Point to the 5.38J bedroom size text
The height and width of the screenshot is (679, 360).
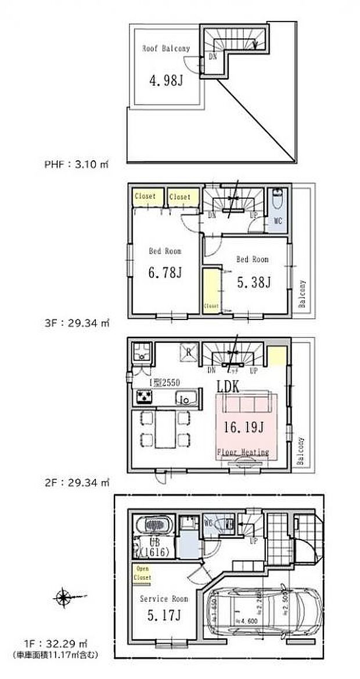pyautogui.click(x=253, y=282)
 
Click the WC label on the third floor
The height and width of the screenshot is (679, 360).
pyautogui.click(x=278, y=221)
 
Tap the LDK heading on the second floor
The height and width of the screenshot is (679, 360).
pyautogui.click(x=229, y=386)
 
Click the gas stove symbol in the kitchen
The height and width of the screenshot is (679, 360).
pyautogui.click(x=143, y=397)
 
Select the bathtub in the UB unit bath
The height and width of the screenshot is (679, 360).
pyautogui.click(x=153, y=526)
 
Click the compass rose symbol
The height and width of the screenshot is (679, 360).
pyautogui.click(x=62, y=597)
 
